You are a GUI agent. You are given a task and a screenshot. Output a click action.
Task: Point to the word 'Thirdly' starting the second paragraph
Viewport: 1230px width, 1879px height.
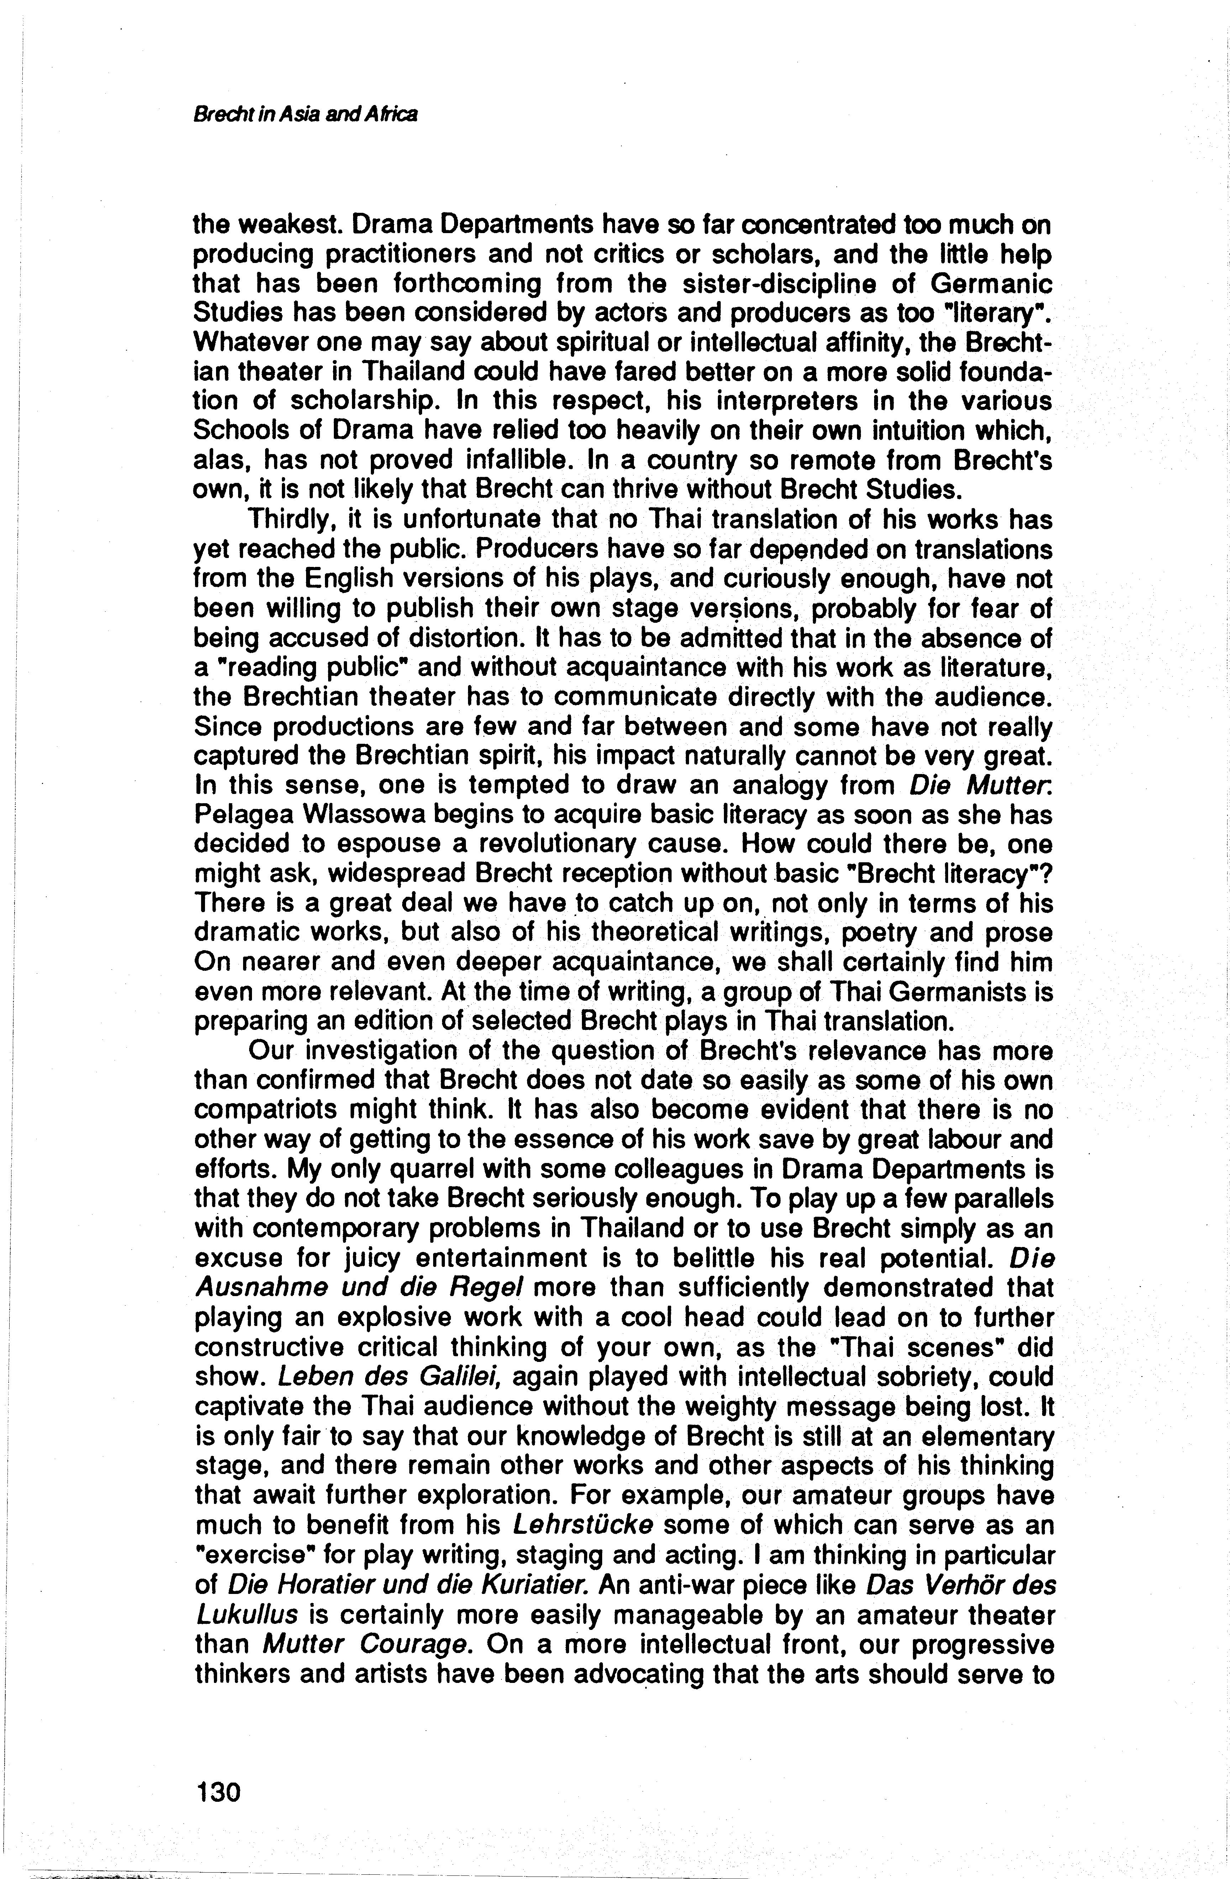[x=294, y=520]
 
